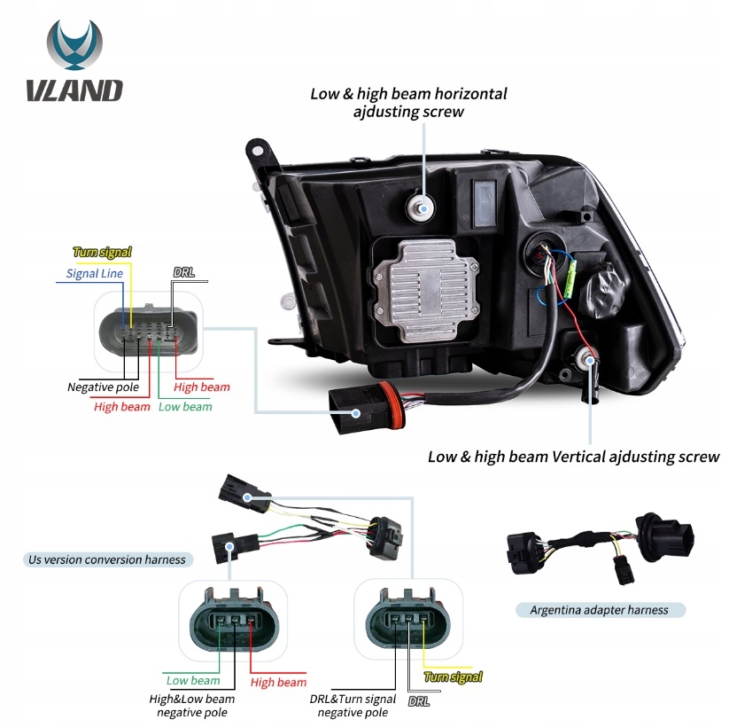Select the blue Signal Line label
click(x=95, y=273)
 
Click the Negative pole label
click(x=104, y=387)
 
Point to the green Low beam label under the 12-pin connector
click(x=185, y=406)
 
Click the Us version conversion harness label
click(x=107, y=559)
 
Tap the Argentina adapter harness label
click(x=599, y=610)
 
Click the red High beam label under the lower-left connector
click(x=278, y=682)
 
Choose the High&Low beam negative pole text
click(x=192, y=706)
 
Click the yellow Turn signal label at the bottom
click(x=454, y=677)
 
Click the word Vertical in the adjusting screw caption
click(x=554, y=457)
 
